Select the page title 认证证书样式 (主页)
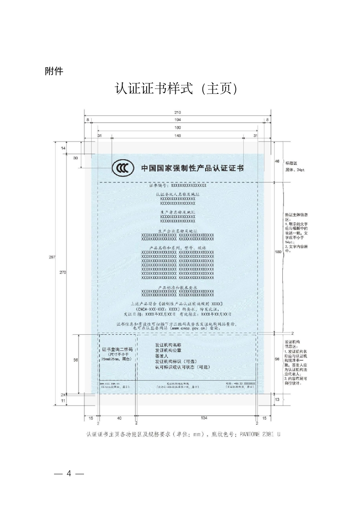178,89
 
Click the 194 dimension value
178,119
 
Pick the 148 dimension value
178,135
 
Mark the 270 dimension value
63,272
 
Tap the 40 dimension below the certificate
119,417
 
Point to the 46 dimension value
276,162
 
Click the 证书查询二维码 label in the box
117,350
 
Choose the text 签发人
162,356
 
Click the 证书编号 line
178,186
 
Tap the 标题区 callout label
291,162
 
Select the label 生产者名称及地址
178,212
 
